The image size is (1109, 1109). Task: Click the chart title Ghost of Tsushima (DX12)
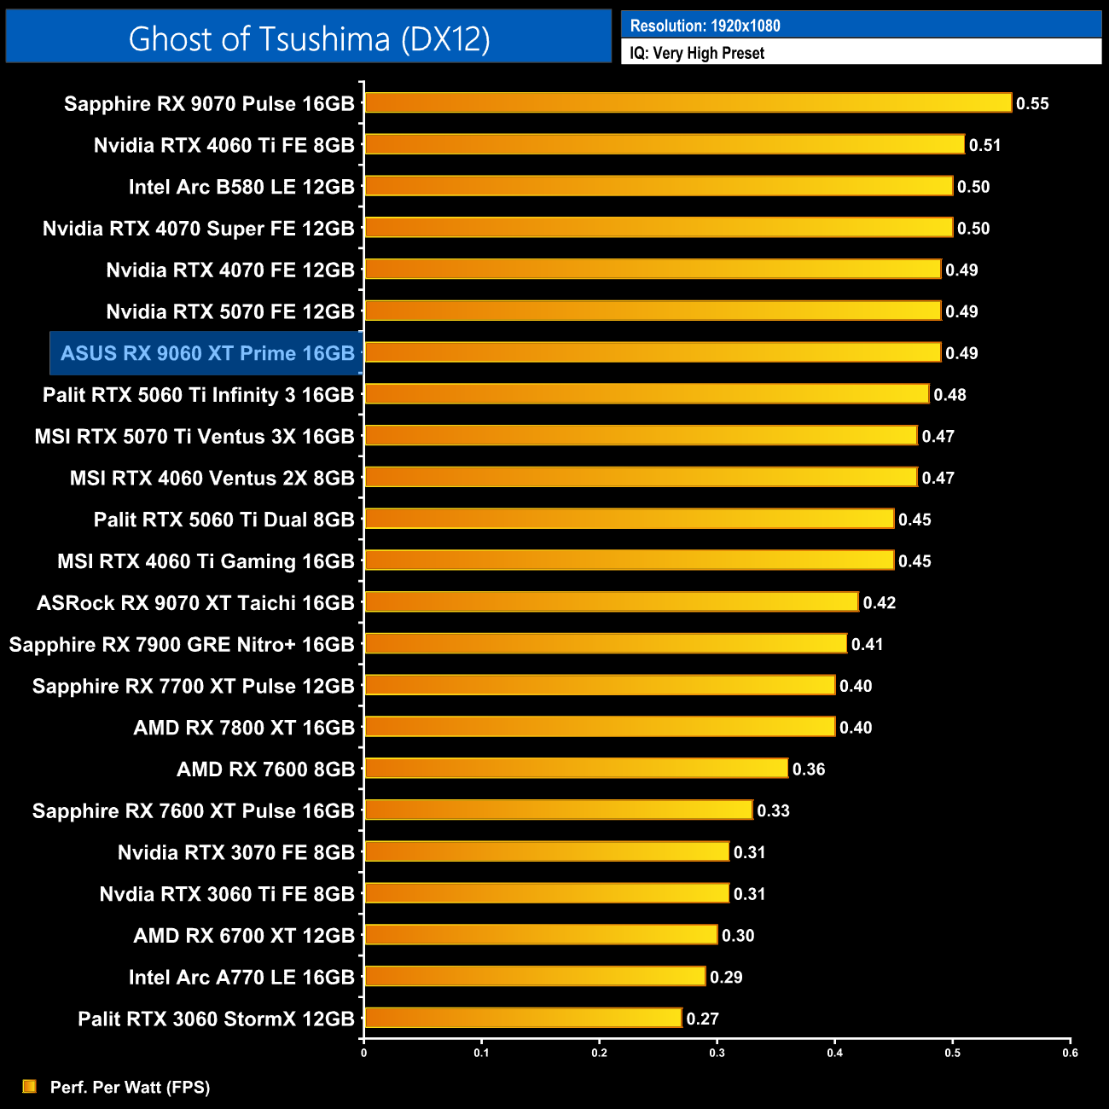click(309, 38)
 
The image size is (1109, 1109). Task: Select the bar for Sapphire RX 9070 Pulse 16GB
click(688, 103)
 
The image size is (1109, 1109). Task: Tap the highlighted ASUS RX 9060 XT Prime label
click(207, 353)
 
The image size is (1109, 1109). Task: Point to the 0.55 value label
click(1032, 104)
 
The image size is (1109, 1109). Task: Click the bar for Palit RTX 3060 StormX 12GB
click(523, 1018)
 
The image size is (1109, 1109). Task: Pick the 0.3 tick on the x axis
click(717, 1053)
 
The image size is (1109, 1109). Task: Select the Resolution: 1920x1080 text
click(705, 26)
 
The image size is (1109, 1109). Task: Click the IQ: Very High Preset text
click(697, 53)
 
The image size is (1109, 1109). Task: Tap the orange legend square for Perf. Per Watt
click(30, 1086)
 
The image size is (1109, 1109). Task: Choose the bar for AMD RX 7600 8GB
click(576, 769)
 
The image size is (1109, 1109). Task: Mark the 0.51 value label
click(984, 145)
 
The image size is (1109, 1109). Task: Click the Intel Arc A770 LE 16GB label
click(241, 977)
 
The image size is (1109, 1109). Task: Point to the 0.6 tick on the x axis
click(1070, 1053)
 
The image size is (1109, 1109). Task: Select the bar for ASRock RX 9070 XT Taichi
click(611, 602)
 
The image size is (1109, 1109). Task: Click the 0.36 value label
click(809, 769)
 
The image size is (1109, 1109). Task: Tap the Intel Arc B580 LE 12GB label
click(241, 187)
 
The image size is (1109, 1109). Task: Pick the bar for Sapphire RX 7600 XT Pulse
click(558, 810)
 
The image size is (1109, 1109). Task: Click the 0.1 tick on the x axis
click(481, 1053)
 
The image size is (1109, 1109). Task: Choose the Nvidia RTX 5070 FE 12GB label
click(230, 311)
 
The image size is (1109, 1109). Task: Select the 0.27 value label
click(703, 1019)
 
